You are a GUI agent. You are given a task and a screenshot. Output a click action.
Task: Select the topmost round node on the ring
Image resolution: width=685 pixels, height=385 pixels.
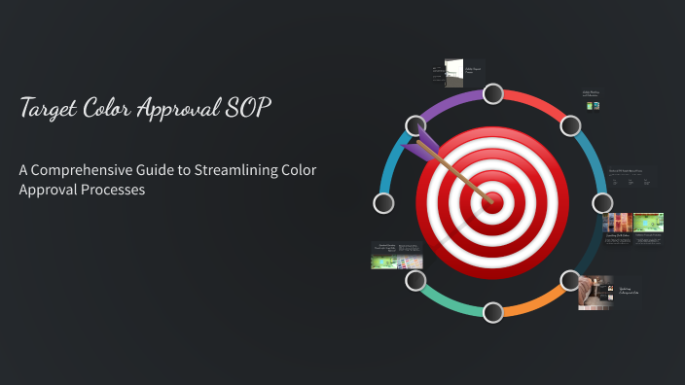493,93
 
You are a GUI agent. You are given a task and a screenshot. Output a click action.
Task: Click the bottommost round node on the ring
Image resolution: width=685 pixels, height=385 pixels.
493,312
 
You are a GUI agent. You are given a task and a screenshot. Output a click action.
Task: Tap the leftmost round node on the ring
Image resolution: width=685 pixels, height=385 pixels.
384,203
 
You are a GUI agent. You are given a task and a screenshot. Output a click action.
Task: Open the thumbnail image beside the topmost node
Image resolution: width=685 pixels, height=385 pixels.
453,72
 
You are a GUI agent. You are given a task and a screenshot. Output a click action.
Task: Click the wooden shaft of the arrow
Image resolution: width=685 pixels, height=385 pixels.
457,175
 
